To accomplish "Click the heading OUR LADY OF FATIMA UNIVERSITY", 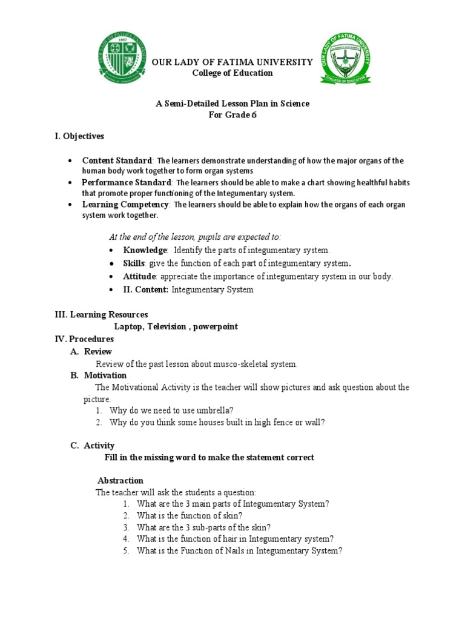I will pyautogui.click(x=232, y=62).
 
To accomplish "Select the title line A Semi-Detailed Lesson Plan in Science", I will pyautogui.click(x=232, y=104).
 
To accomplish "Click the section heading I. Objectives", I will pyautogui.click(x=79, y=136).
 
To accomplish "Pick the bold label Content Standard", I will pyautogui.click(x=117, y=160).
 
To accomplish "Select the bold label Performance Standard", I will pyautogui.click(x=127, y=182).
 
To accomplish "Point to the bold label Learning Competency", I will pyautogui.click(x=125, y=205).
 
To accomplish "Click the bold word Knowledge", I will pyautogui.click(x=145, y=249).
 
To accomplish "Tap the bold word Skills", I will pyautogui.click(x=134, y=263).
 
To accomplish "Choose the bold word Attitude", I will pyautogui.click(x=139, y=276).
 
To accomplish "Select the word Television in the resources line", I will pyautogui.click(x=164, y=326).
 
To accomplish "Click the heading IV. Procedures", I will pyautogui.click(x=84, y=339).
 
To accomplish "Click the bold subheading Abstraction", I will pyautogui.click(x=120, y=480).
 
